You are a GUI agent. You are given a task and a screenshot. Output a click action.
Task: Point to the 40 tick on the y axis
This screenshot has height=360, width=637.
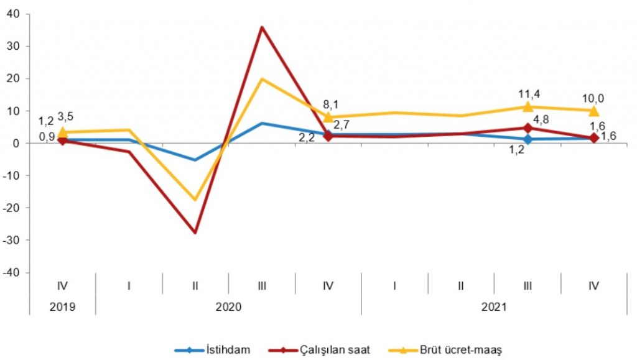point(12,14)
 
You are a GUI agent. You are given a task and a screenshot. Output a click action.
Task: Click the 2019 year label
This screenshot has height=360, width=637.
point(62,307)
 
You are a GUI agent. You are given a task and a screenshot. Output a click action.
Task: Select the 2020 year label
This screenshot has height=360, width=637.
point(229,307)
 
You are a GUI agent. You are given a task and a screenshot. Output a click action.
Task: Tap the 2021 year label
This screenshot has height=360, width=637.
point(495,307)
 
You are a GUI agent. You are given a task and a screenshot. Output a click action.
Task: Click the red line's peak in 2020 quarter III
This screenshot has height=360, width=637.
point(262,27)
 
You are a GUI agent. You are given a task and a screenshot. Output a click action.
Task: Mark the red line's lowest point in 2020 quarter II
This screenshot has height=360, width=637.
point(195,233)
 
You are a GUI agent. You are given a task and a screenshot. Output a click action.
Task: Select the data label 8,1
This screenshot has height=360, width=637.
point(328,104)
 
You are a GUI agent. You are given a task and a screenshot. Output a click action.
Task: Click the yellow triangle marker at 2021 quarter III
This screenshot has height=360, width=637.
point(528,106)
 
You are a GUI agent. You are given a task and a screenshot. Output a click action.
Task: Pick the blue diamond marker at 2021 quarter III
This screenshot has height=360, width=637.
point(528,139)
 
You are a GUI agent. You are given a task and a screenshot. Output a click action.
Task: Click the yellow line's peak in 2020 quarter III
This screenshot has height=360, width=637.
point(262,79)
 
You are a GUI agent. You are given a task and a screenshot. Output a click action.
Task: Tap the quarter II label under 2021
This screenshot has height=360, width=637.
point(461,285)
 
